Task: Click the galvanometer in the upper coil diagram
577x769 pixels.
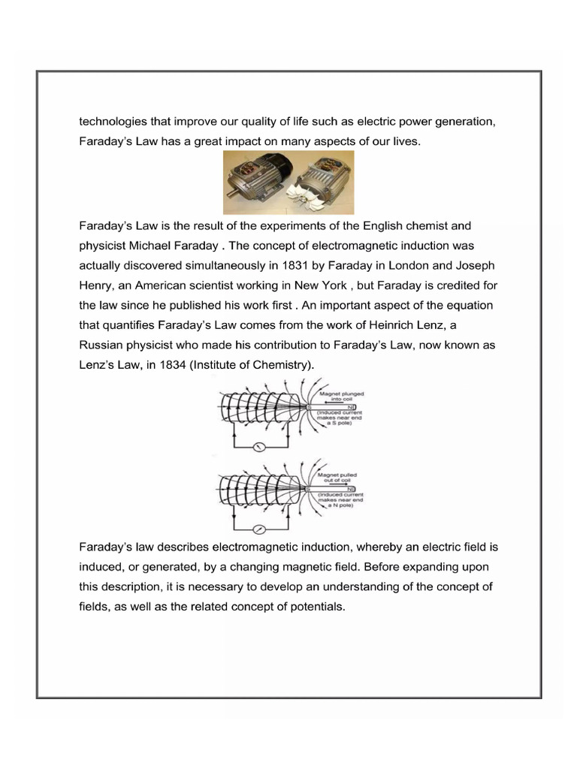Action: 257,448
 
